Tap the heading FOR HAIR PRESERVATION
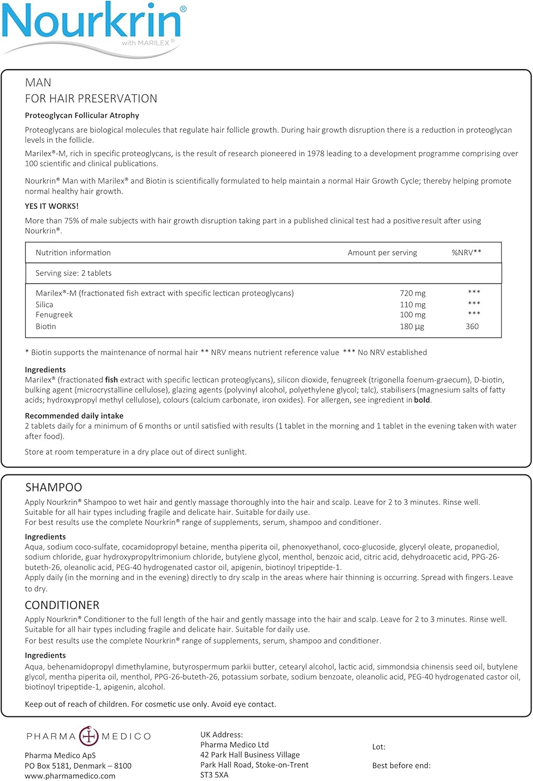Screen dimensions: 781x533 tap(91, 99)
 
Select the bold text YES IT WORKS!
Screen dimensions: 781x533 tap(52, 206)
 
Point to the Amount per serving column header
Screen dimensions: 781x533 tap(382, 253)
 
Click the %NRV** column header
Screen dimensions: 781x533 tap(466, 253)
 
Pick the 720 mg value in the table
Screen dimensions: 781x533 tap(413, 293)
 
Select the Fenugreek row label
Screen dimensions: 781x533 tap(54, 315)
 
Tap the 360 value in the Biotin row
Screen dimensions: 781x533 tap(472, 326)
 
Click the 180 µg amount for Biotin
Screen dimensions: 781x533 tap(412, 326)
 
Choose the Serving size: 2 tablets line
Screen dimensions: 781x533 tap(73, 273)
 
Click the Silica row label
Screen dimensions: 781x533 tap(44, 305)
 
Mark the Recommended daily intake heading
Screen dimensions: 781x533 tap(74, 416)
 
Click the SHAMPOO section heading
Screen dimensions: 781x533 tap(54, 487)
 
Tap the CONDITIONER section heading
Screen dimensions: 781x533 tap(62, 605)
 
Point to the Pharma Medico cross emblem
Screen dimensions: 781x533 tap(89, 736)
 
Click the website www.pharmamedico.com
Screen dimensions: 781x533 tap(70, 776)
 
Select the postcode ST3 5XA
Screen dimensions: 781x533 tap(214, 775)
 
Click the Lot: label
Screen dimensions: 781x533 tap(379, 747)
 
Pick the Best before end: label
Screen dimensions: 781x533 tap(401, 765)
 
